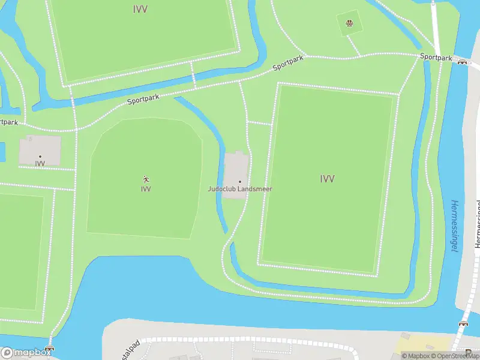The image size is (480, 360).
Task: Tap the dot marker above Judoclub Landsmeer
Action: coord(239,182)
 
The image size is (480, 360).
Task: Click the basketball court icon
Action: coord(349,25)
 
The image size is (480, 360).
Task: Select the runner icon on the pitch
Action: coord(146,179)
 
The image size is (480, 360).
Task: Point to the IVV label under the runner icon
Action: coord(146,189)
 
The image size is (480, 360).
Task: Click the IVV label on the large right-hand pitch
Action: coord(327,178)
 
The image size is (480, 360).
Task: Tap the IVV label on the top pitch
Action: coord(140,9)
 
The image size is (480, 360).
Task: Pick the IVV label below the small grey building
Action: coord(40,164)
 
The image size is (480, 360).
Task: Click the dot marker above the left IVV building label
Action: coord(40,157)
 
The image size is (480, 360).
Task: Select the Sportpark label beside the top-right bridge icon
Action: coord(436,57)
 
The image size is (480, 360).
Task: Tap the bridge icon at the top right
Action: coord(462,61)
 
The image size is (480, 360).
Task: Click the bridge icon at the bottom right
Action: coord(463,325)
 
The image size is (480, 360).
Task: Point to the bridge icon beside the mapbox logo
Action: coord(50,349)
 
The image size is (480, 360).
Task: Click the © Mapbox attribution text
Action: coord(415,356)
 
